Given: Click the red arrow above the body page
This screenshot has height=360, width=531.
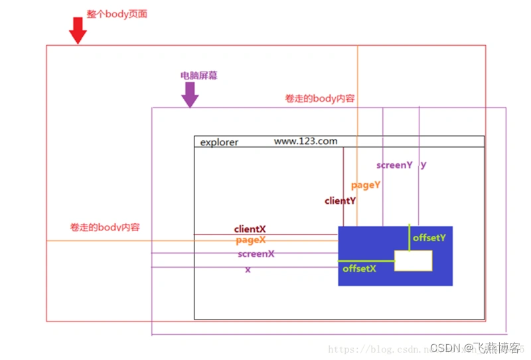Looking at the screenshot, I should point(78,30).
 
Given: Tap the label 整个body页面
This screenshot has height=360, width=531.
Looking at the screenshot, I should point(117,13).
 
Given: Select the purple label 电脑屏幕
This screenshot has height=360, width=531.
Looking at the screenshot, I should point(198,76).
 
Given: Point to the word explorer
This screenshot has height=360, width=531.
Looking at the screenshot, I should point(219,142).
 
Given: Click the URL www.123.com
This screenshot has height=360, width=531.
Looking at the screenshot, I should point(305,141).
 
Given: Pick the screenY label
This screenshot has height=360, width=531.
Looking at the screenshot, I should point(394,165).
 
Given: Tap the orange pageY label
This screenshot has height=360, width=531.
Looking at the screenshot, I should point(366,185).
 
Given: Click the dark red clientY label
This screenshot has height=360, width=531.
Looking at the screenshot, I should point(340,201).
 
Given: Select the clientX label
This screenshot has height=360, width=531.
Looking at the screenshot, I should point(250,229).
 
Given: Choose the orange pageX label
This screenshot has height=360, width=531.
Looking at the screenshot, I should point(250,240).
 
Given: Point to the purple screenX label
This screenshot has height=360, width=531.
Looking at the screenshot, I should point(256,254).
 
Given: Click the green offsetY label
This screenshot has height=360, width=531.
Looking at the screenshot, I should point(429,237).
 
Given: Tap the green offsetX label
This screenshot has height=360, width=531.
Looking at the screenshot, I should point(359,269).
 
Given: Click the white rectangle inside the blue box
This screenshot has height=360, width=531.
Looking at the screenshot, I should point(413,260).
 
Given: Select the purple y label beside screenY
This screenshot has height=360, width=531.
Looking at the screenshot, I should point(423,165).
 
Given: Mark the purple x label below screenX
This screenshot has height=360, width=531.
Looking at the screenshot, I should point(248,270).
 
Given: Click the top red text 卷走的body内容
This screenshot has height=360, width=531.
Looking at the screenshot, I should point(320,98).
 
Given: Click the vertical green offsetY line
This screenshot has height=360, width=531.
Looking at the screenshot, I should point(410,238).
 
